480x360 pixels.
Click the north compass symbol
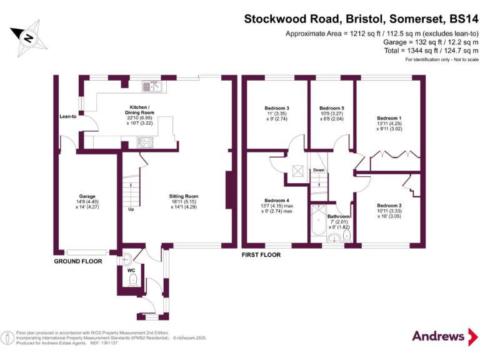pos(28,37)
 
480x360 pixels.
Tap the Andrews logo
pos(439,336)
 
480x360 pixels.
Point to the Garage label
pos(87,199)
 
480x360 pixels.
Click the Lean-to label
pos(67,116)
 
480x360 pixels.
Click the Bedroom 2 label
pos(389,206)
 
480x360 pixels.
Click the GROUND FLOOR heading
pos(77,261)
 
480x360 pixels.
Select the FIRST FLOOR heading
pos(261,255)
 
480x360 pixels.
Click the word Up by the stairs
pos(131,209)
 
